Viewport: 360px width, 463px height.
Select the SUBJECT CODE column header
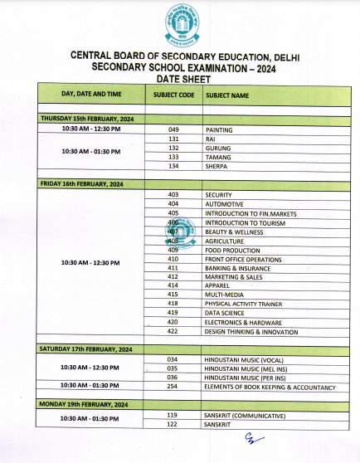pos(173,95)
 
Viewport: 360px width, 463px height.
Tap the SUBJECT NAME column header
pos(227,95)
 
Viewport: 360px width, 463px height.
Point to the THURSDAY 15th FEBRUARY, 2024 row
pos(86,119)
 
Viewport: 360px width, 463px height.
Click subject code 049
pos(173,130)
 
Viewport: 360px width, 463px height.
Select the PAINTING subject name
pos(219,130)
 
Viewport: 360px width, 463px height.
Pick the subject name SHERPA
pos(217,165)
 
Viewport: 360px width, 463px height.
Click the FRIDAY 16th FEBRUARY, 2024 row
pos(81,183)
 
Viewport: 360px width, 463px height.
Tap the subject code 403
pos(173,194)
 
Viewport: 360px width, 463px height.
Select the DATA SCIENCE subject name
pos(226,313)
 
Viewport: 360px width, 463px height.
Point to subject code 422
pos(173,331)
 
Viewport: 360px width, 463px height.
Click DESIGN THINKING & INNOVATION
pos(251,331)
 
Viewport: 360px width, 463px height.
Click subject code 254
pos(173,387)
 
